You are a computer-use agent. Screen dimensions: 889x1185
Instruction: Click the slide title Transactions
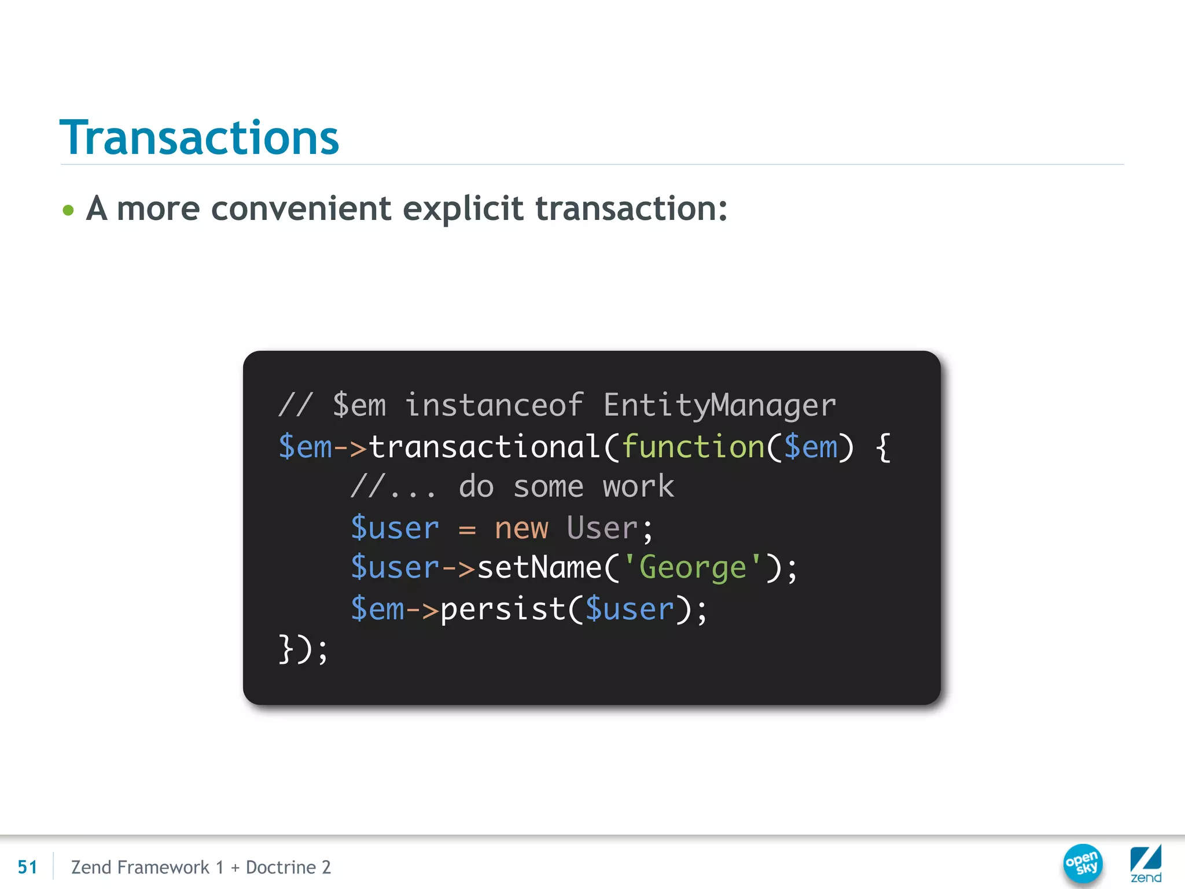(199, 138)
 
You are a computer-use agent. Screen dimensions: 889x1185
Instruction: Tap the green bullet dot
(68, 210)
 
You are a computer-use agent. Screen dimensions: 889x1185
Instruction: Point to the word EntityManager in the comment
(719, 405)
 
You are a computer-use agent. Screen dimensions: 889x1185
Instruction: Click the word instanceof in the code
(494, 405)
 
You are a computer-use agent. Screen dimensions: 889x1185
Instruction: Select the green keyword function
(693, 447)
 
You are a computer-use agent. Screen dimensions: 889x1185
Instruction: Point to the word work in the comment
(638, 486)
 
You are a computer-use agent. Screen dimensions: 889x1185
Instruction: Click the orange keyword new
(521, 528)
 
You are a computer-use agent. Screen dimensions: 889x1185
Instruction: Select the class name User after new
(602, 528)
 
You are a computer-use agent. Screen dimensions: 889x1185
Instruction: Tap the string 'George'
(693, 568)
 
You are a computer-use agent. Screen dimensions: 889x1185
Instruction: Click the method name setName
(539, 568)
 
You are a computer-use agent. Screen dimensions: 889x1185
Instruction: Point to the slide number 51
(27, 867)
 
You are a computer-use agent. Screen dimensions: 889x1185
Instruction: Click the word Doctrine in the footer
(281, 867)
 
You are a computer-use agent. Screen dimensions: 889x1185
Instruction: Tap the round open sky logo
(1083, 864)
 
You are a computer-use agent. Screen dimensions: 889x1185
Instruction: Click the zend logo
(1146, 864)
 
